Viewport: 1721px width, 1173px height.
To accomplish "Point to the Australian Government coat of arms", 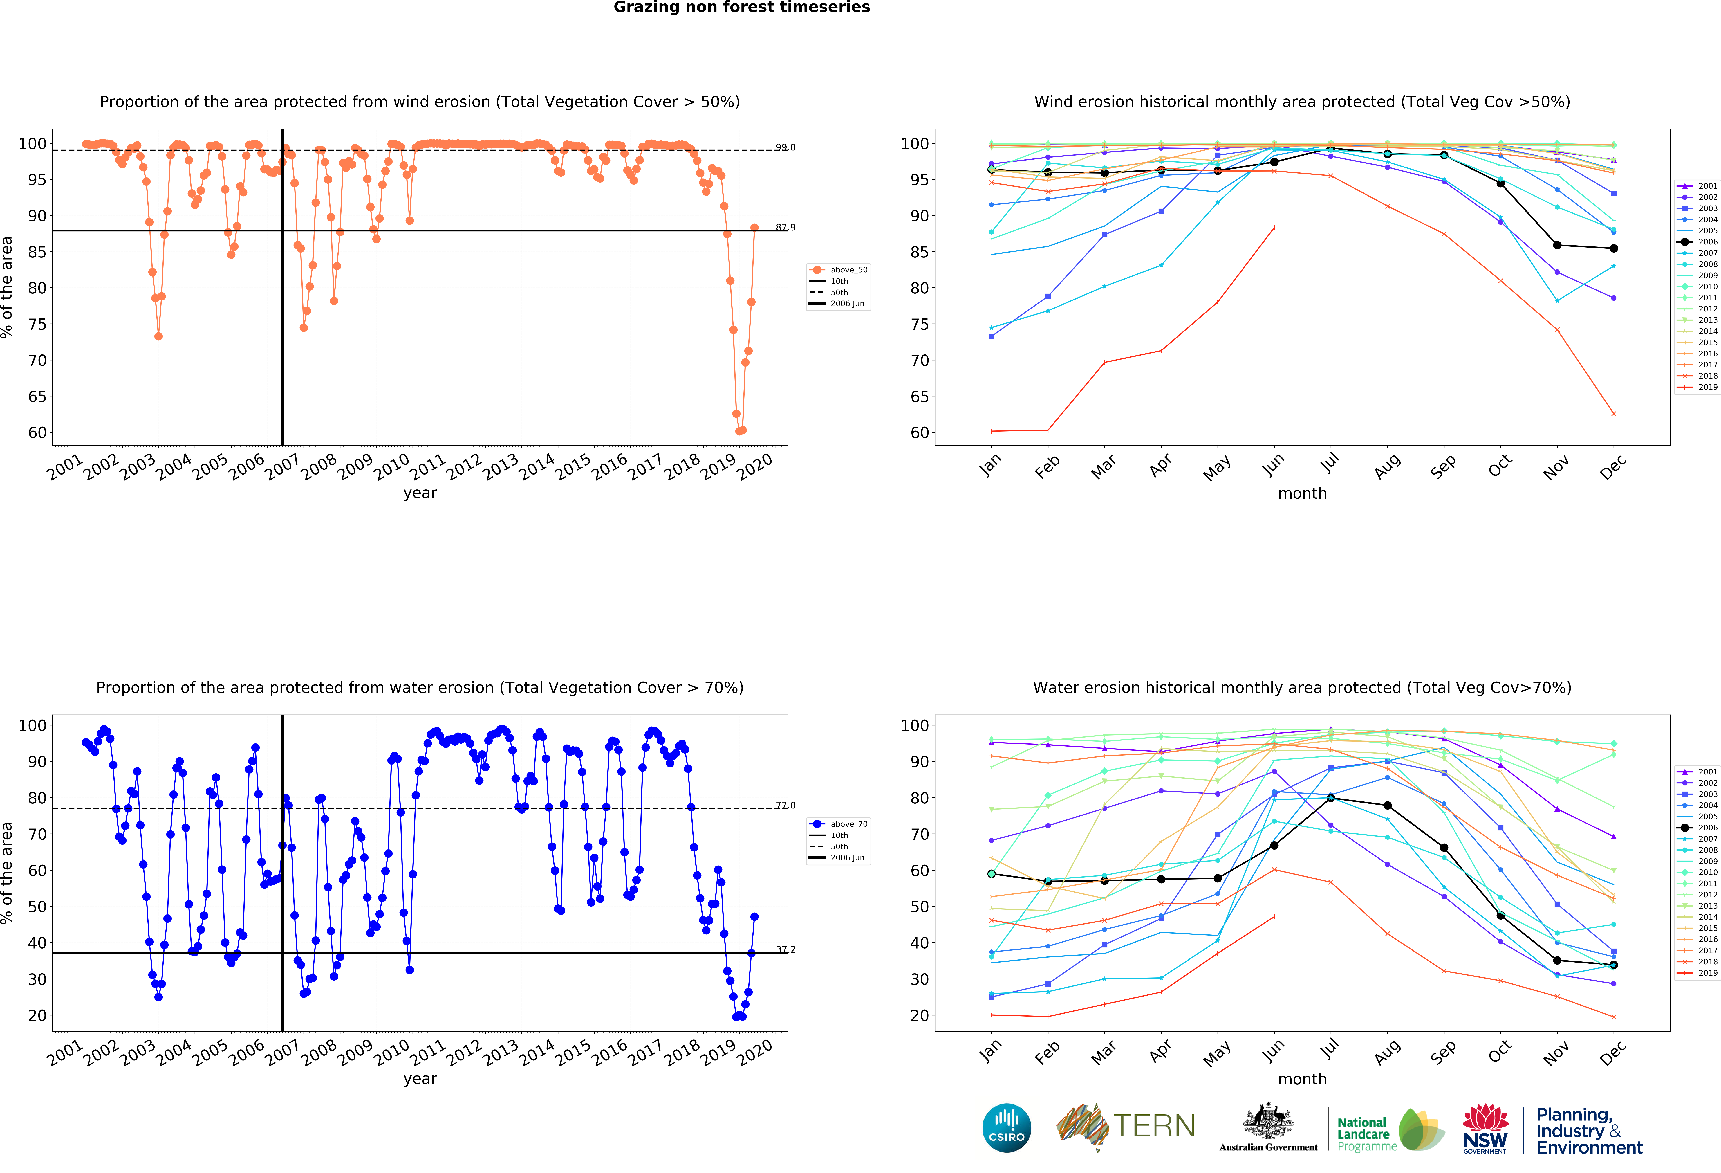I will pyautogui.click(x=1269, y=1121).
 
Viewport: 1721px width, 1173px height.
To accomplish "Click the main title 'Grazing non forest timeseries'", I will pyautogui.click(x=741, y=7).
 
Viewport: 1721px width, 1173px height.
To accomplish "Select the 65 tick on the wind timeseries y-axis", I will pyautogui.click(x=37, y=397).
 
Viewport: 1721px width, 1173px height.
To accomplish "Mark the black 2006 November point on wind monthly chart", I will pyautogui.click(x=1557, y=245).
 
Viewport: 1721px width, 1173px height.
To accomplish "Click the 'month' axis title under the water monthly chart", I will pyautogui.click(x=1302, y=1079).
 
